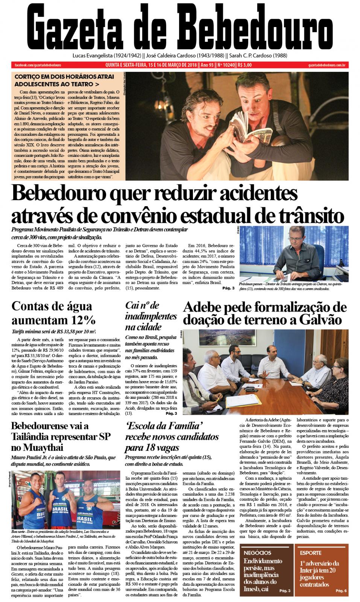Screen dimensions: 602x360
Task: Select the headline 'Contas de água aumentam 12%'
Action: tap(54, 313)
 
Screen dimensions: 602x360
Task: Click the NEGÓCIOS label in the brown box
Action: tap(258, 553)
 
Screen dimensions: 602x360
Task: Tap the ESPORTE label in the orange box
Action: tap(311, 553)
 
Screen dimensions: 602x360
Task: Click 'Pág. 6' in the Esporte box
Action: tap(341, 591)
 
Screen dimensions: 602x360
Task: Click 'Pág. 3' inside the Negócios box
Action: tap(285, 591)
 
